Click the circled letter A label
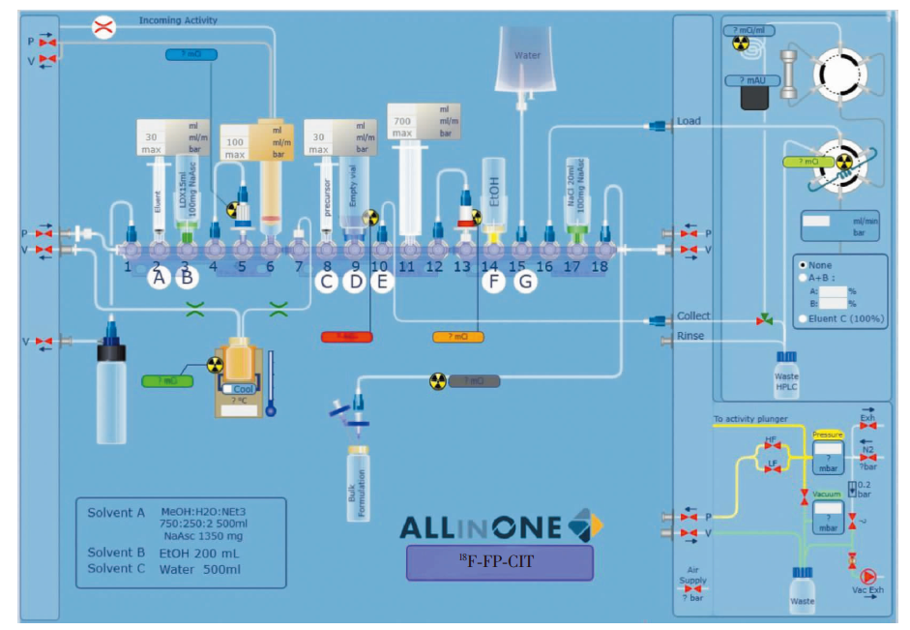pos(159,280)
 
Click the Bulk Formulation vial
pos(358,482)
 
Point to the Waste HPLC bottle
pos(788,374)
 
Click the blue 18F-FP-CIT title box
pos(499,562)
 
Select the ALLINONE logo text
pos(481,527)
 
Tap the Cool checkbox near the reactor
pos(229,388)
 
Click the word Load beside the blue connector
pos(690,121)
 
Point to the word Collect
pos(693,315)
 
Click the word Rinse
pos(690,336)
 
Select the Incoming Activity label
pos(178,19)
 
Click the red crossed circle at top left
pos(103,28)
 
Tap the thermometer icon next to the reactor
pos(271,383)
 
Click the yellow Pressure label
pos(828,435)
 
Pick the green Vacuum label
pos(827,495)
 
